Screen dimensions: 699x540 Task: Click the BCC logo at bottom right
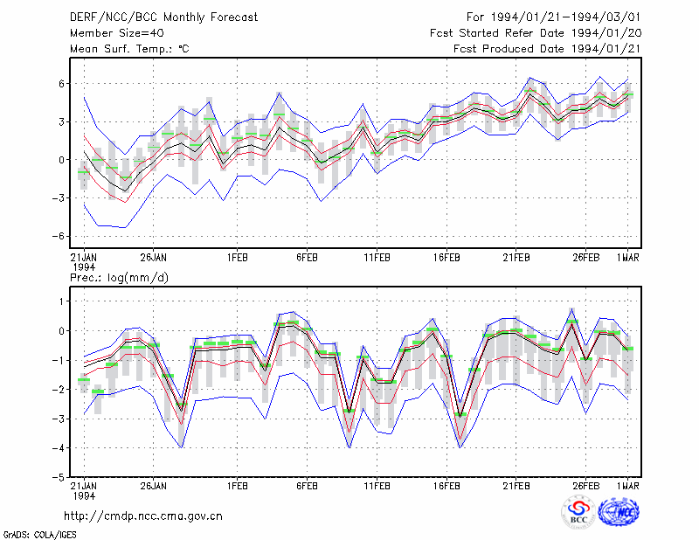(x=578, y=513)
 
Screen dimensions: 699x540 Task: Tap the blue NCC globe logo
(x=619, y=512)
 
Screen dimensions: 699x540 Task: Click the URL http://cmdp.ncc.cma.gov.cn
(x=143, y=516)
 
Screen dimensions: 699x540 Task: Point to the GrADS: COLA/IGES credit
(x=39, y=535)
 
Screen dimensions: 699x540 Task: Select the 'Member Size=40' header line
(x=117, y=33)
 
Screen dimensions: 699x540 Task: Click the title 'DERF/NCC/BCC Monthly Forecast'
(x=163, y=17)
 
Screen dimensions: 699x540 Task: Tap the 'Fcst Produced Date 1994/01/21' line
(x=547, y=49)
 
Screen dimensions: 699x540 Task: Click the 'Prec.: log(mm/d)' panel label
(x=119, y=278)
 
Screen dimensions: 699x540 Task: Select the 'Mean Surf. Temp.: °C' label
(x=129, y=49)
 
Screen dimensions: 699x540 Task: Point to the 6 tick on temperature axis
(x=61, y=84)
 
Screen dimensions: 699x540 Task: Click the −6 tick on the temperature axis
(x=58, y=236)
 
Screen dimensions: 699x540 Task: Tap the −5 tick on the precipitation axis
(x=58, y=478)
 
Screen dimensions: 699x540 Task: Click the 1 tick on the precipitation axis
(x=61, y=301)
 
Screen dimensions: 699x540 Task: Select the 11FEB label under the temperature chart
(x=377, y=258)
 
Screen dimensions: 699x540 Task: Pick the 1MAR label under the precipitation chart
(x=628, y=486)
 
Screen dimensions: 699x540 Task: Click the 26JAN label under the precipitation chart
(x=154, y=486)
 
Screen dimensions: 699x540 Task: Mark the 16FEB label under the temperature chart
(x=446, y=258)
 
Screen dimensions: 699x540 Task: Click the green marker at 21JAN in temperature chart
(x=84, y=172)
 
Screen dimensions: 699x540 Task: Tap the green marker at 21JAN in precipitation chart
(x=84, y=380)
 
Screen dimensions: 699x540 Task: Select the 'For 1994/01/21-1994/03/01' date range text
(x=554, y=17)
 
